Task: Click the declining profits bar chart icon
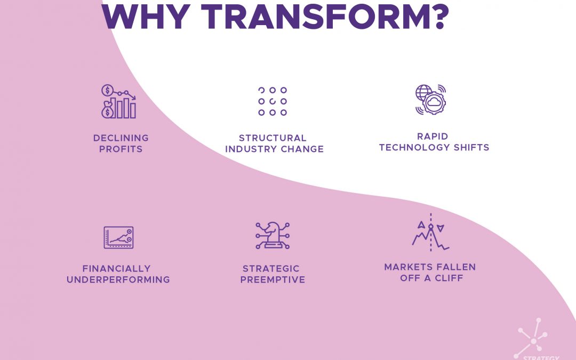pyautogui.click(x=118, y=101)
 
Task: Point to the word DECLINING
pyautogui.click(x=121, y=138)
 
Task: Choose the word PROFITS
pyautogui.click(x=121, y=149)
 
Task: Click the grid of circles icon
pyautogui.click(x=273, y=101)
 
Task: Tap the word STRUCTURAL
pyautogui.click(x=273, y=138)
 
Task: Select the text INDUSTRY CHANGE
pyautogui.click(x=274, y=149)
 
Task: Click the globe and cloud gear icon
pyautogui.click(x=431, y=100)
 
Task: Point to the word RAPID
pyautogui.click(x=434, y=136)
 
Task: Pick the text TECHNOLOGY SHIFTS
pyautogui.click(x=434, y=147)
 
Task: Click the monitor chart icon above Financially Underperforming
pyautogui.click(x=118, y=237)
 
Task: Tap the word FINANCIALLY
pyautogui.click(x=116, y=268)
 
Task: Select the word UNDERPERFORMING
pyautogui.click(x=118, y=279)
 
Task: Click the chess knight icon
pyautogui.click(x=272, y=235)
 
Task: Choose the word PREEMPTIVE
pyautogui.click(x=273, y=279)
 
